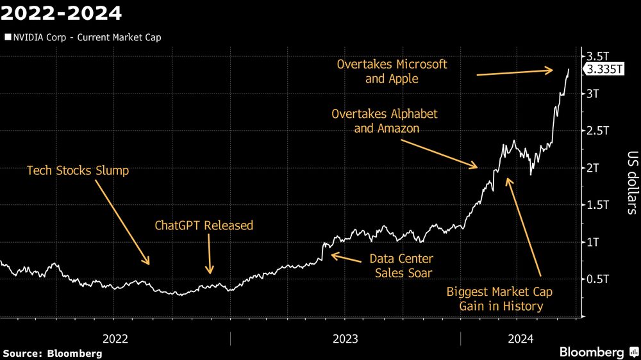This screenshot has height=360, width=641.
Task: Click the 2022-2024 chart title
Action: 62,12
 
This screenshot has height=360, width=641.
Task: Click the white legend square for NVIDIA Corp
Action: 8,37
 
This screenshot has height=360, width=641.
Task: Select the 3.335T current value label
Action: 603,70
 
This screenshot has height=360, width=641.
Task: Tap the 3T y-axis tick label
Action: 594,94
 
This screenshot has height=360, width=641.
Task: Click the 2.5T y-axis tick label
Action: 597,131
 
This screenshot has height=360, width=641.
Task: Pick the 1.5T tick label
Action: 597,205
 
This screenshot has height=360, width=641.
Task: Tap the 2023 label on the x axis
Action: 345,337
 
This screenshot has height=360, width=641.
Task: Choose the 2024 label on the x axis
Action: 519,337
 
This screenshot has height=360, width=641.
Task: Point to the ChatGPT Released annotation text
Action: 204,225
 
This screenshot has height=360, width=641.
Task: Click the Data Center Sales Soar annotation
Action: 401,266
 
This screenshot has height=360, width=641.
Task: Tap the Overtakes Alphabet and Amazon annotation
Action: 385,121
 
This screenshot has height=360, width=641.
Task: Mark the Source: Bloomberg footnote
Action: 53,354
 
